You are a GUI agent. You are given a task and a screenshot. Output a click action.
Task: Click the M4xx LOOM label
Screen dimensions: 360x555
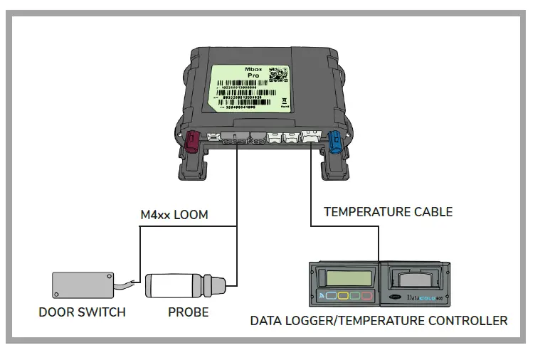tap(174, 214)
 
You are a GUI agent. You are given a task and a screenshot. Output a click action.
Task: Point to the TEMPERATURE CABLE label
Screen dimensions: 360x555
tap(388, 211)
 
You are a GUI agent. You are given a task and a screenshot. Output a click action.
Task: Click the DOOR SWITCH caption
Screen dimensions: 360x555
tap(82, 312)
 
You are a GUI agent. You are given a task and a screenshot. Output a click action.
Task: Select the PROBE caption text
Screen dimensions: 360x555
tap(188, 312)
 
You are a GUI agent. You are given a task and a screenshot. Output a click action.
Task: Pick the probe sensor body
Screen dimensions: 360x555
tap(175, 285)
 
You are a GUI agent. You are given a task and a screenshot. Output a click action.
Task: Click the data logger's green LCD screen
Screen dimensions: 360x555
tap(347, 276)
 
